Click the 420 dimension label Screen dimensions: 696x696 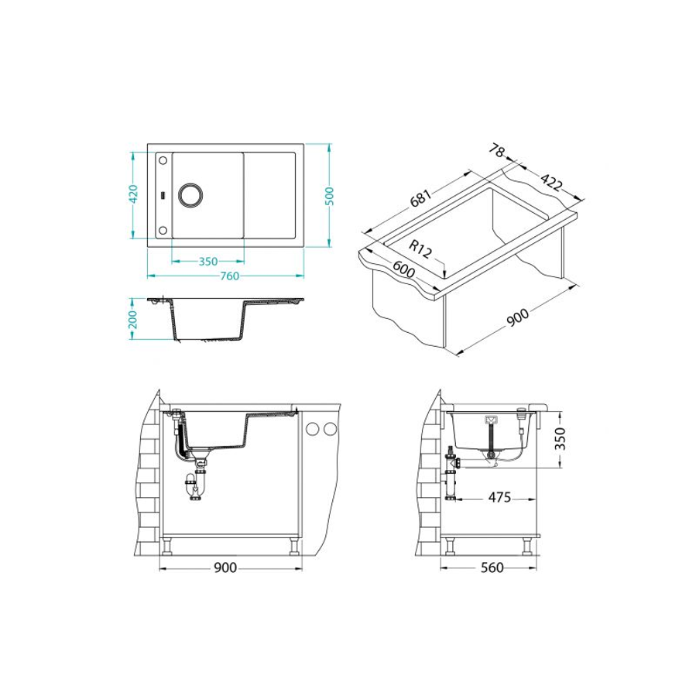(x=133, y=194)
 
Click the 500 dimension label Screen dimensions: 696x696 (x=329, y=196)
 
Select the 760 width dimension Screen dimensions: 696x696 (x=229, y=276)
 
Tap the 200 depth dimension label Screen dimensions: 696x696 (x=132, y=320)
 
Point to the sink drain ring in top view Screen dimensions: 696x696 (x=190, y=194)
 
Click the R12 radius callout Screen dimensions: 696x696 (x=420, y=249)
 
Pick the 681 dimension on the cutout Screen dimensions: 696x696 (x=420, y=198)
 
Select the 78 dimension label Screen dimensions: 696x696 (x=497, y=150)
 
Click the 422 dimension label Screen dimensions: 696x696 (x=551, y=182)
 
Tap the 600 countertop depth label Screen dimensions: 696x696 (x=403, y=269)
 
